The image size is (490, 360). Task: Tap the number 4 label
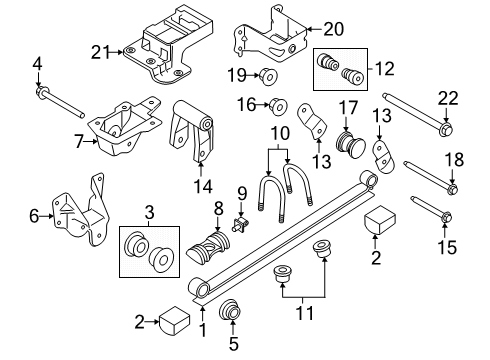click(38, 67)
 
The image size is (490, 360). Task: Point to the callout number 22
click(446, 96)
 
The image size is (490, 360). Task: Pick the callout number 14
click(202, 186)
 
